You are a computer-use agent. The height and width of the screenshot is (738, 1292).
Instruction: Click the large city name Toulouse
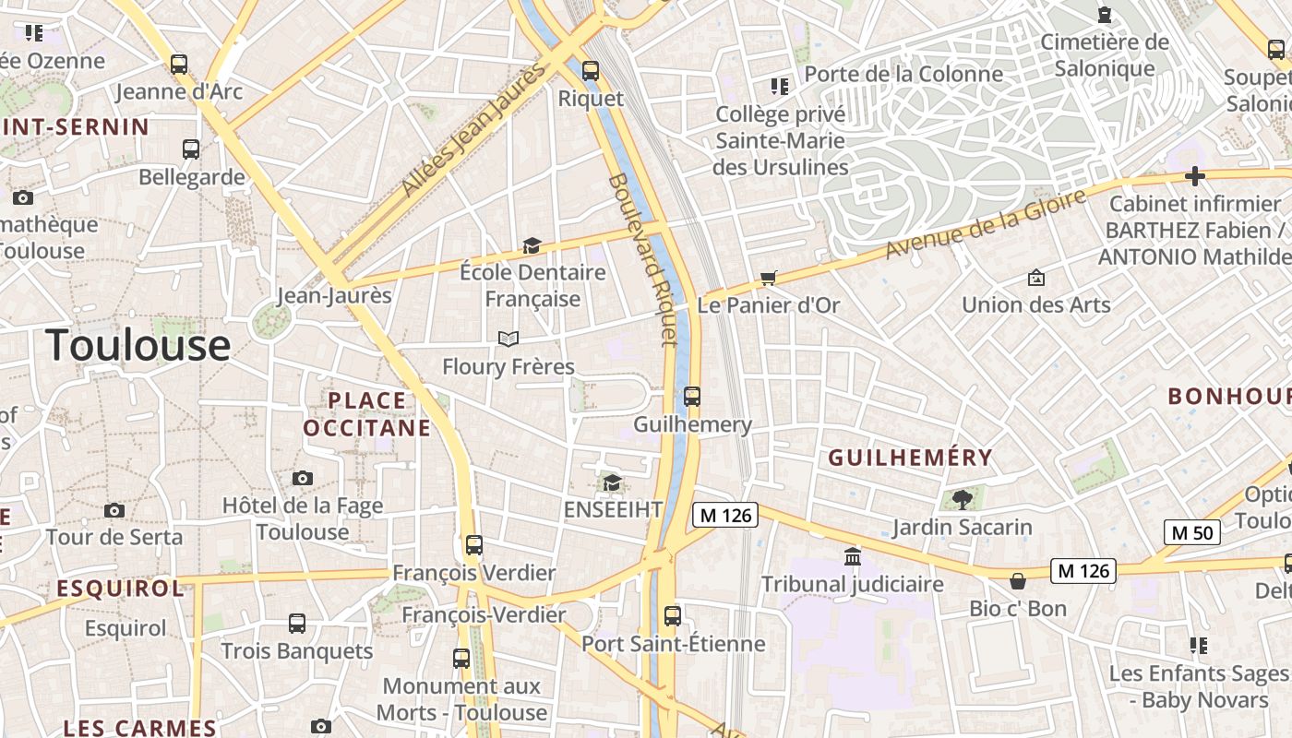click(x=138, y=345)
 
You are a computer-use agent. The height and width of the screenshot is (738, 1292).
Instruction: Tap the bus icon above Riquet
click(x=591, y=70)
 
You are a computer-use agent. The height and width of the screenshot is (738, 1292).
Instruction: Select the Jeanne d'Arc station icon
click(x=179, y=65)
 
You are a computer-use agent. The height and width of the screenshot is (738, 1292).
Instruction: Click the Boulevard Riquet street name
click(x=642, y=259)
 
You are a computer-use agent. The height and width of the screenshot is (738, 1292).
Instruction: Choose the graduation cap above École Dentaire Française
click(x=532, y=245)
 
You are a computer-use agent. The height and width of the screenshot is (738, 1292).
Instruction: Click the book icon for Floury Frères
click(x=508, y=339)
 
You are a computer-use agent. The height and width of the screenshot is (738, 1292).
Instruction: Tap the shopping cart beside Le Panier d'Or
click(x=768, y=278)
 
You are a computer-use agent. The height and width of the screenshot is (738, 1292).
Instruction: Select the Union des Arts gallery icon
click(x=1036, y=278)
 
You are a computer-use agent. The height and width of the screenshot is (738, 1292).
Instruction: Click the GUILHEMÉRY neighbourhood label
click(x=910, y=458)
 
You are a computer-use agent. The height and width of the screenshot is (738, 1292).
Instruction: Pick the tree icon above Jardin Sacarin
click(x=962, y=500)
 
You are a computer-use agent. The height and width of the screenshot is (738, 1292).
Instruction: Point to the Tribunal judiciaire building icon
click(x=853, y=557)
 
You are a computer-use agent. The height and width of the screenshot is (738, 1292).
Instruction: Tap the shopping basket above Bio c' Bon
click(x=1018, y=581)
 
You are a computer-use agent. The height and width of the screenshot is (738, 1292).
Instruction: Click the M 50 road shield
click(x=1191, y=532)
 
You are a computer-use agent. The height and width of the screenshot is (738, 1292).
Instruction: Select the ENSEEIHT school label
click(x=613, y=509)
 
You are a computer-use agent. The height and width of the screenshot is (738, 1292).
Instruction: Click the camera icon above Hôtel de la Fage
click(x=303, y=478)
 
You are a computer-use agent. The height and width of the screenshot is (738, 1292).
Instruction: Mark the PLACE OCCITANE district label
click(x=367, y=414)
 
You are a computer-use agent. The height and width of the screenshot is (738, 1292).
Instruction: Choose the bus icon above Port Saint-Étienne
click(x=673, y=616)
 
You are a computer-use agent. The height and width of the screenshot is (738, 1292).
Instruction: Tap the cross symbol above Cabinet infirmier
click(x=1195, y=175)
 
